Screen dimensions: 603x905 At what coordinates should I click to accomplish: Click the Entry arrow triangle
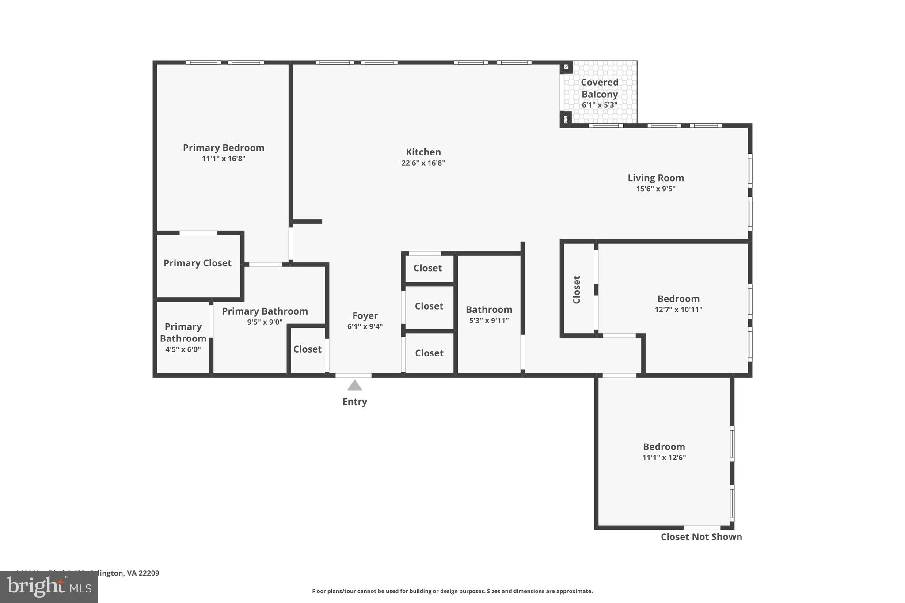[x=354, y=386]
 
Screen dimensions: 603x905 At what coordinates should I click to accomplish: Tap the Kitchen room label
[x=423, y=152]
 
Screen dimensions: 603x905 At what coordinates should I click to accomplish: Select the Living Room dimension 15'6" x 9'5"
[x=655, y=189]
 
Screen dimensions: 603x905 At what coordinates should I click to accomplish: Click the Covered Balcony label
[x=599, y=88]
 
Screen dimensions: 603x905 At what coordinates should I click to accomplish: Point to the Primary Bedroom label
[x=224, y=148]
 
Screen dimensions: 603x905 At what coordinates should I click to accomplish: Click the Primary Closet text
[x=197, y=263]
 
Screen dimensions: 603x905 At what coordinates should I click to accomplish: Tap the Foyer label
[x=365, y=316]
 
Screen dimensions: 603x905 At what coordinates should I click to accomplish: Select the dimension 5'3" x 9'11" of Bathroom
[x=489, y=321]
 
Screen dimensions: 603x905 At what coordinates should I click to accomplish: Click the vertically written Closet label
[x=577, y=290]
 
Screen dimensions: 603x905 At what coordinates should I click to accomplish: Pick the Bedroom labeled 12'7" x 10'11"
[x=678, y=299]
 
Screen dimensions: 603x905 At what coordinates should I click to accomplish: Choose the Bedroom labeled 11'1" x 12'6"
[x=664, y=447]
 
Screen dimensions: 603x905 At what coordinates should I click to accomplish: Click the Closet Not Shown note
[x=701, y=537]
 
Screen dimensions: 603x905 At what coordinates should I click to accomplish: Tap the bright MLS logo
[x=49, y=587]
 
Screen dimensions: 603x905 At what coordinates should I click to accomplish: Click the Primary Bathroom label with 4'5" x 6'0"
[x=183, y=333]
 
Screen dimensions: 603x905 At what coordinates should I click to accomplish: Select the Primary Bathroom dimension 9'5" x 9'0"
[x=265, y=322]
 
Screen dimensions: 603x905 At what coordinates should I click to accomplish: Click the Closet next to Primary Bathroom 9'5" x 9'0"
[x=307, y=349]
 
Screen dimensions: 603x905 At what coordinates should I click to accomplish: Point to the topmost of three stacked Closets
[x=427, y=269]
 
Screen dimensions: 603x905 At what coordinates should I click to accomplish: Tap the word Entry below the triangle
[x=354, y=402]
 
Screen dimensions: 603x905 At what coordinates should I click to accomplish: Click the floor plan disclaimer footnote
[x=452, y=592]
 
